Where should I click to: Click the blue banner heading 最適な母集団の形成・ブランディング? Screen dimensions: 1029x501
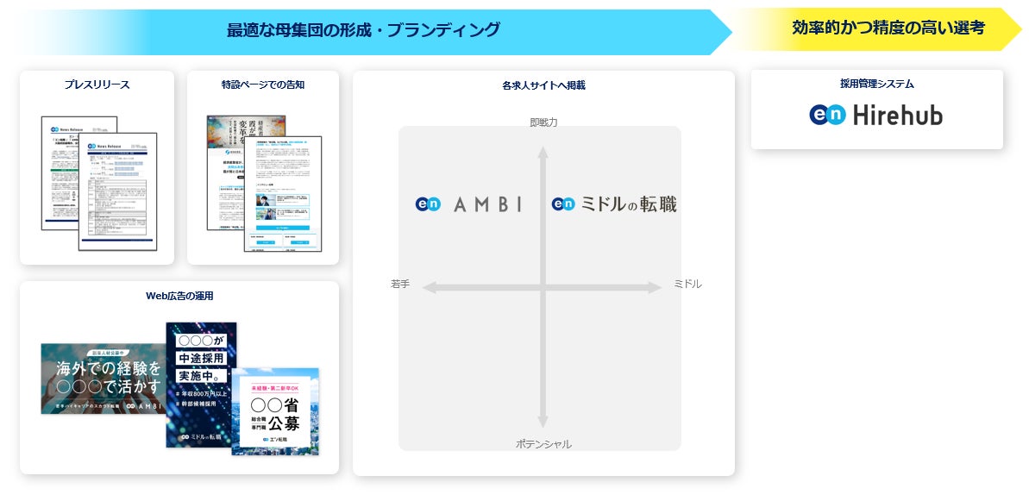click(x=363, y=30)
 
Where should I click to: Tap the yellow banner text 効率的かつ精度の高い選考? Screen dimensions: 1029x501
click(x=888, y=28)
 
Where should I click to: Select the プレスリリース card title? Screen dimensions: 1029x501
click(x=97, y=85)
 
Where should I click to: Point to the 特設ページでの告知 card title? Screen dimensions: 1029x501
click(x=263, y=85)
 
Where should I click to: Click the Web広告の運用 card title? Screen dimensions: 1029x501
click(x=179, y=296)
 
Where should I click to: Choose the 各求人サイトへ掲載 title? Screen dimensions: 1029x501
click(x=543, y=85)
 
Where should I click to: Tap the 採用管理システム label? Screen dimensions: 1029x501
click(x=876, y=85)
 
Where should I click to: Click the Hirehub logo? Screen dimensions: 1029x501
click(x=876, y=115)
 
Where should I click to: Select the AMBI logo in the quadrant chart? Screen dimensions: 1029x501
click(x=468, y=204)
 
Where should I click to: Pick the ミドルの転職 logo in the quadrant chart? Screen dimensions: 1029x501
click(x=614, y=204)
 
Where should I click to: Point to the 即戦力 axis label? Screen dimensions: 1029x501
click(x=543, y=122)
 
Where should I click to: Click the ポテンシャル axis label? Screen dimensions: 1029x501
click(x=543, y=443)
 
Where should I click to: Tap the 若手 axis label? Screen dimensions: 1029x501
click(x=400, y=284)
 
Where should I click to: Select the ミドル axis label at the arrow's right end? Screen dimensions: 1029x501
click(x=687, y=284)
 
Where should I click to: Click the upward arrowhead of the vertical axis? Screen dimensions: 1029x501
click(x=543, y=153)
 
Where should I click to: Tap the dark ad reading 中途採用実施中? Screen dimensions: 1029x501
click(x=200, y=384)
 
